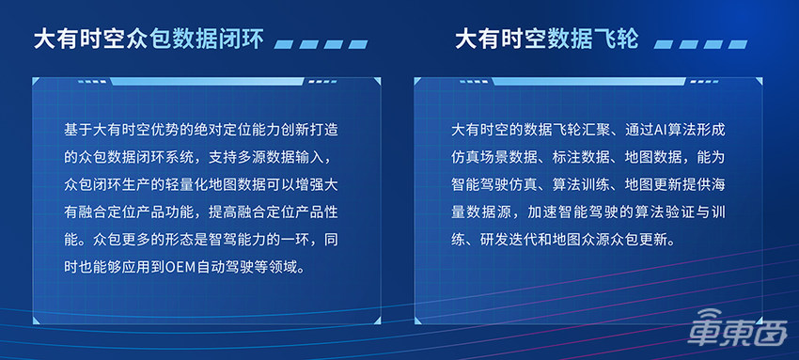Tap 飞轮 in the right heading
click(617, 39)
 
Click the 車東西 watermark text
click(753, 335)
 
